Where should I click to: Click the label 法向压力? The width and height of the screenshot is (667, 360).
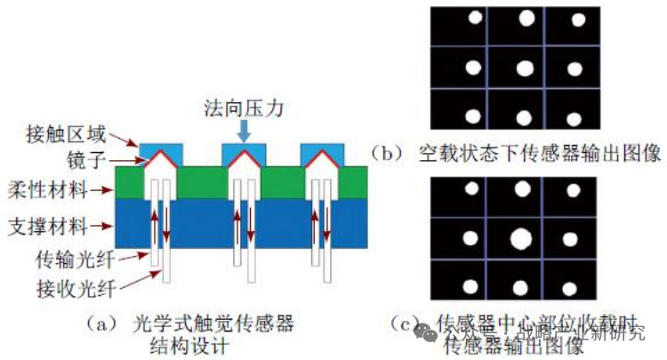tap(239, 109)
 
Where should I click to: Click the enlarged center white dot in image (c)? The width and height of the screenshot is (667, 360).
tap(520, 238)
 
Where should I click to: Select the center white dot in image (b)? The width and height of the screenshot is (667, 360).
tap(525, 68)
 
